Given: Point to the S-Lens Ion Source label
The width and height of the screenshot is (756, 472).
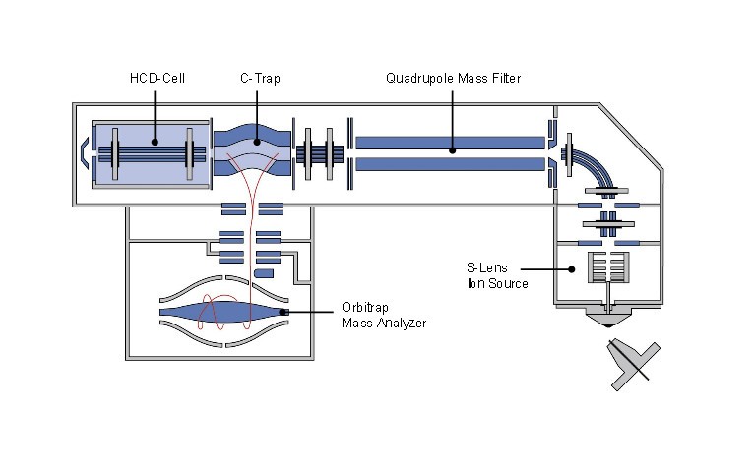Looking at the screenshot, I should pyautogui.click(x=498, y=275).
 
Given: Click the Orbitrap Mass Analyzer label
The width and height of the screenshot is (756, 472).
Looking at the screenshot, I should pyautogui.click(x=384, y=314).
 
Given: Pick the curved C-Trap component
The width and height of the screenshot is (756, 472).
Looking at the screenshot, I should pyautogui.click(x=252, y=148).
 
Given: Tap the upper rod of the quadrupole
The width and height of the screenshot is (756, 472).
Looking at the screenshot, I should pyautogui.click(x=450, y=143).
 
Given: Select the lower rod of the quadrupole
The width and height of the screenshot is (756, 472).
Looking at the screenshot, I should pyautogui.click(x=450, y=163).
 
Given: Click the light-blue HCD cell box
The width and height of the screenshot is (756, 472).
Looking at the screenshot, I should pyautogui.click(x=150, y=153).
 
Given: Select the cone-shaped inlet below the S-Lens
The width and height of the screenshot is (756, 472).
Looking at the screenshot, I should pyautogui.click(x=610, y=317).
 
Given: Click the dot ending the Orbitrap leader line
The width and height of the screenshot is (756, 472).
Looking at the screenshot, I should pyautogui.click(x=283, y=313).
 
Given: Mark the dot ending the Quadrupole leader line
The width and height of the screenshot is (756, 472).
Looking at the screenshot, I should pyautogui.click(x=452, y=150).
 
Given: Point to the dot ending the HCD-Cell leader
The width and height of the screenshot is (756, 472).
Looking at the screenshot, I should pyautogui.click(x=154, y=145).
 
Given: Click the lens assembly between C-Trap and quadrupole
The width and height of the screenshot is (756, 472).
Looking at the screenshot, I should pyautogui.click(x=320, y=154).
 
